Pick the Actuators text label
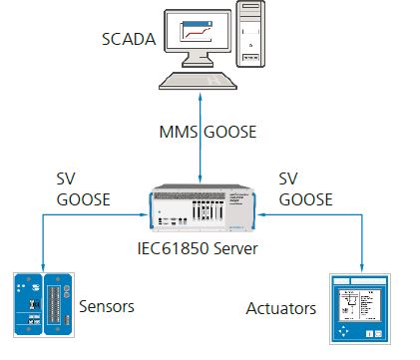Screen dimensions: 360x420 (280, 309)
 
